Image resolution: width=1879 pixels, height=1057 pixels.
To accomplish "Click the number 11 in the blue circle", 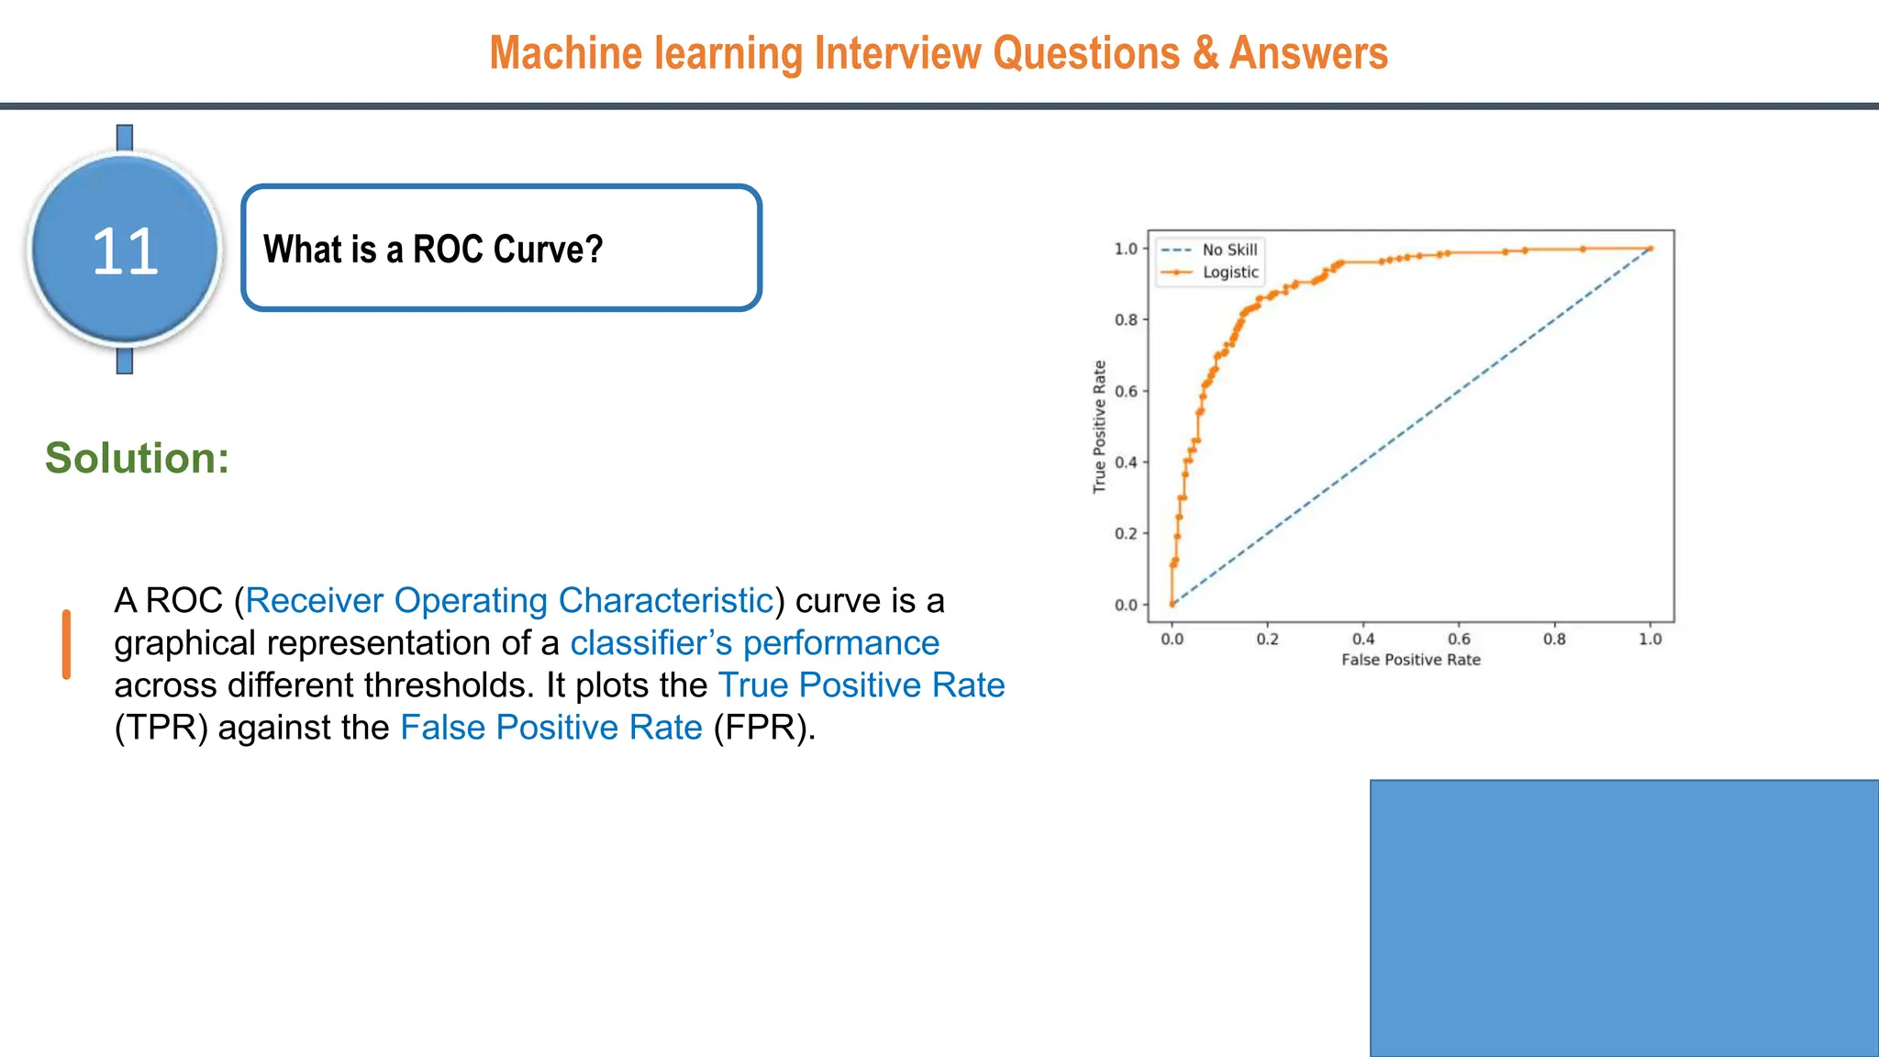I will click(x=125, y=251).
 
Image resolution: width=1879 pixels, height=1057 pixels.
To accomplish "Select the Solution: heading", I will click(x=138, y=458).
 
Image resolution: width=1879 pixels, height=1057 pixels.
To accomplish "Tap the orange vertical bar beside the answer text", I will click(x=66, y=644).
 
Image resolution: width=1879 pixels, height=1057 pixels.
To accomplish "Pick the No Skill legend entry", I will click(x=1229, y=250).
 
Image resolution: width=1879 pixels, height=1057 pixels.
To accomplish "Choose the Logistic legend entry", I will click(x=1229, y=273).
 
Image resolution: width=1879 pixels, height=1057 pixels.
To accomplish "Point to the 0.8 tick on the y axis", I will click(x=1126, y=320).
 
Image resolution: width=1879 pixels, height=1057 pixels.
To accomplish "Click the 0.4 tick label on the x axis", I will click(x=1363, y=640).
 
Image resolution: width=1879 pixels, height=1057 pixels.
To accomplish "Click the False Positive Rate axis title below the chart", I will click(x=1410, y=660).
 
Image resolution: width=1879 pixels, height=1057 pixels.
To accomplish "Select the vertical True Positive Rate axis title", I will click(x=1099, y=427).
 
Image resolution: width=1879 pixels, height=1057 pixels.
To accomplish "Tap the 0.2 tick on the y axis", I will click(x=1126, y=534).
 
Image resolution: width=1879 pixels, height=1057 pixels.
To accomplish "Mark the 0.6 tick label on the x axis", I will click(x=1459, y=640).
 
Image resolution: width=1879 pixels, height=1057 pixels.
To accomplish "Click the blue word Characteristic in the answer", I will click(x=665, y=601).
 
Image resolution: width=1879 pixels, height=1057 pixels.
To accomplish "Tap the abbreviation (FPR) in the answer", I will click(x=763, y=728).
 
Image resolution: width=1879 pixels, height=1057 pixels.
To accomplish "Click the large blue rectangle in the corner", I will click(x=1624, y=918).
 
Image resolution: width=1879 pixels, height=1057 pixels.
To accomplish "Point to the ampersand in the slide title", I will click(x=1205, y=53).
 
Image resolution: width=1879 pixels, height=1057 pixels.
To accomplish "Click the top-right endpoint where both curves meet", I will click(x=1651, y=249).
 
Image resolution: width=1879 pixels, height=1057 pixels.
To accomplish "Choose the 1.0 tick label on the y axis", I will click(x=1126, y=249).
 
